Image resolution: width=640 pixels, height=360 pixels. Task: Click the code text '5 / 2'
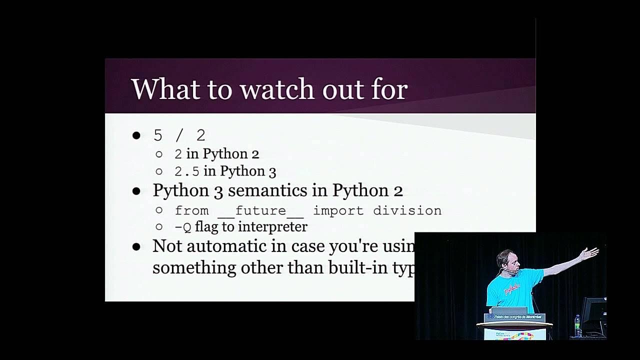179,135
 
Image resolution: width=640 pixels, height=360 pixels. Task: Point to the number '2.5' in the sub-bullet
186,171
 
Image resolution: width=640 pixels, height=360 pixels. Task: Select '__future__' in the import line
260,211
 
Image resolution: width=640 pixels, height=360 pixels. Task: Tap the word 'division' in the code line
407,210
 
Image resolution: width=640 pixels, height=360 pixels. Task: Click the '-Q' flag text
182,227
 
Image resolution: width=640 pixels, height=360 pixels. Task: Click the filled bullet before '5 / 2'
136,135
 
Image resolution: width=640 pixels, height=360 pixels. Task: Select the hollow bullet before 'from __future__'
159,210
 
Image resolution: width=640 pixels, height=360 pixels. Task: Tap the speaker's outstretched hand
589,253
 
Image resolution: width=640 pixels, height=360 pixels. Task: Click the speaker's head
505,260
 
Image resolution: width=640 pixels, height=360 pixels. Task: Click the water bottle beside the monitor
578,325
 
